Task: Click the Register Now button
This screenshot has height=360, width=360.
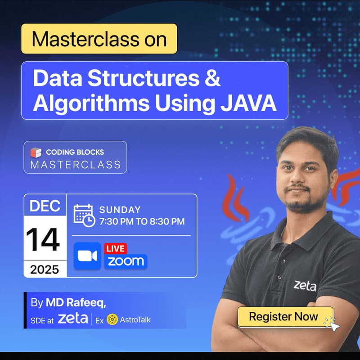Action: point(283,316)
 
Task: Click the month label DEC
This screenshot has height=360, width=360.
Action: point(45,206)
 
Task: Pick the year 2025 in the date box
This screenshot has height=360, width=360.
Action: point(45,269)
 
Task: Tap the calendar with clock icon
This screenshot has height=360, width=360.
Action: point(84,215)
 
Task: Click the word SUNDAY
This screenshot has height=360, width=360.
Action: point(120,210)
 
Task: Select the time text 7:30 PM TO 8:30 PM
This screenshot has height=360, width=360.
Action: point(142,221)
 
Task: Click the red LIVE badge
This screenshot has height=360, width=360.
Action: point(115,248)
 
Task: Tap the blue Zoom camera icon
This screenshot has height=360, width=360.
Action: point(87,256)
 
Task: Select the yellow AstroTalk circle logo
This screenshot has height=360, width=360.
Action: point(112,319)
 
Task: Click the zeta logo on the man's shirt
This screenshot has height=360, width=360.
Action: point(305,285)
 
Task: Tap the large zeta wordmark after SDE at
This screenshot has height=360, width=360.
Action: point(73,319)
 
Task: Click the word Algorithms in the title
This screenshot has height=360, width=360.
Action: point(91,103)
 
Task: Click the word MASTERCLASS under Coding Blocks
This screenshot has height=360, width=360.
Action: point(76,165)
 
